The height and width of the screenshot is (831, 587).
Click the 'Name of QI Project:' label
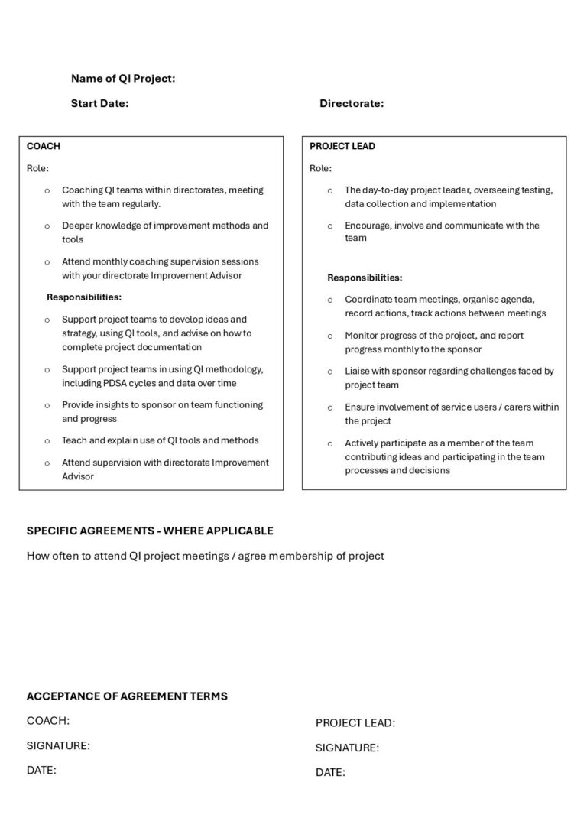tap(123, 78)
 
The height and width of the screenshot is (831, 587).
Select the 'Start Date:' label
tap(99, 103)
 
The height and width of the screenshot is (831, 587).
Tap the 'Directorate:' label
tap(352, 103)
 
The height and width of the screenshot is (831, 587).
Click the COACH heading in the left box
tap(44, 146)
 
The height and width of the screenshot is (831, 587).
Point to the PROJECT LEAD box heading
tap(342, 146)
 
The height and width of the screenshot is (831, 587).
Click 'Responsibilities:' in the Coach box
tap(84, 297)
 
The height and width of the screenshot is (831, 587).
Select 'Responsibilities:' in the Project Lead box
tap(365, 278)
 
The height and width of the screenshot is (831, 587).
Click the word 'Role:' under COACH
tap(37, 168)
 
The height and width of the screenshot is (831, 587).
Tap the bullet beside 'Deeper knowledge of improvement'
tap(47, 226)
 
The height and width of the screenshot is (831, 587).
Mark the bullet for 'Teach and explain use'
tap(47, 441)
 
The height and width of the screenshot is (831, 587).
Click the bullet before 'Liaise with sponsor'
tap(330, 372)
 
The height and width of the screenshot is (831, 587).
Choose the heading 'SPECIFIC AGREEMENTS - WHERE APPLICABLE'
tap(150, 531)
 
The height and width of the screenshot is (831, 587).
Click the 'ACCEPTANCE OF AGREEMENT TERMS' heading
tap(127, 696)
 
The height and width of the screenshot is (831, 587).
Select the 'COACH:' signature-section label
tap(48, 720)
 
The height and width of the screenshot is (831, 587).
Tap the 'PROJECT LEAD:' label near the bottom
tap(355, 723)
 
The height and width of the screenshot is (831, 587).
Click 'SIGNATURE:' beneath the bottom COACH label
tap(58, 745)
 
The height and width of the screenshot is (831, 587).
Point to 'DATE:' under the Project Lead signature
tap(330, 773)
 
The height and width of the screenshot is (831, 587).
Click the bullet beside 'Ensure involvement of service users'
tap(330, 407)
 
